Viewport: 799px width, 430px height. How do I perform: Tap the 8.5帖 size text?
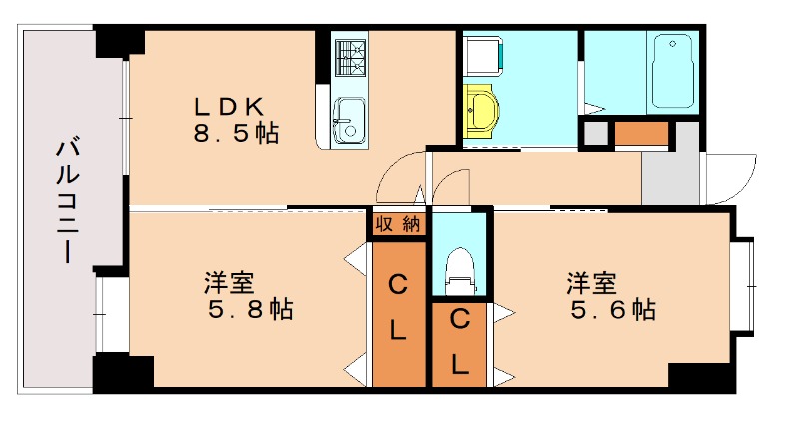(236, 132)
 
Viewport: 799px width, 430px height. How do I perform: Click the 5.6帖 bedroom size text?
(613, 310)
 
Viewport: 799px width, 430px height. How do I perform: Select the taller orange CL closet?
(398, 313)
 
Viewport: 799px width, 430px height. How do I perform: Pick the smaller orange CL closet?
(459, 344)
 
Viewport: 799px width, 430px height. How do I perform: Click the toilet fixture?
(460, 269)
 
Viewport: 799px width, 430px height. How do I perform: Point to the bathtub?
(676, 71)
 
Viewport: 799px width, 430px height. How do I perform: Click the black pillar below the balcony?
(123, 373)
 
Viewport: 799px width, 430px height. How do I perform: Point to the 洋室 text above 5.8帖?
(229, 283)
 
